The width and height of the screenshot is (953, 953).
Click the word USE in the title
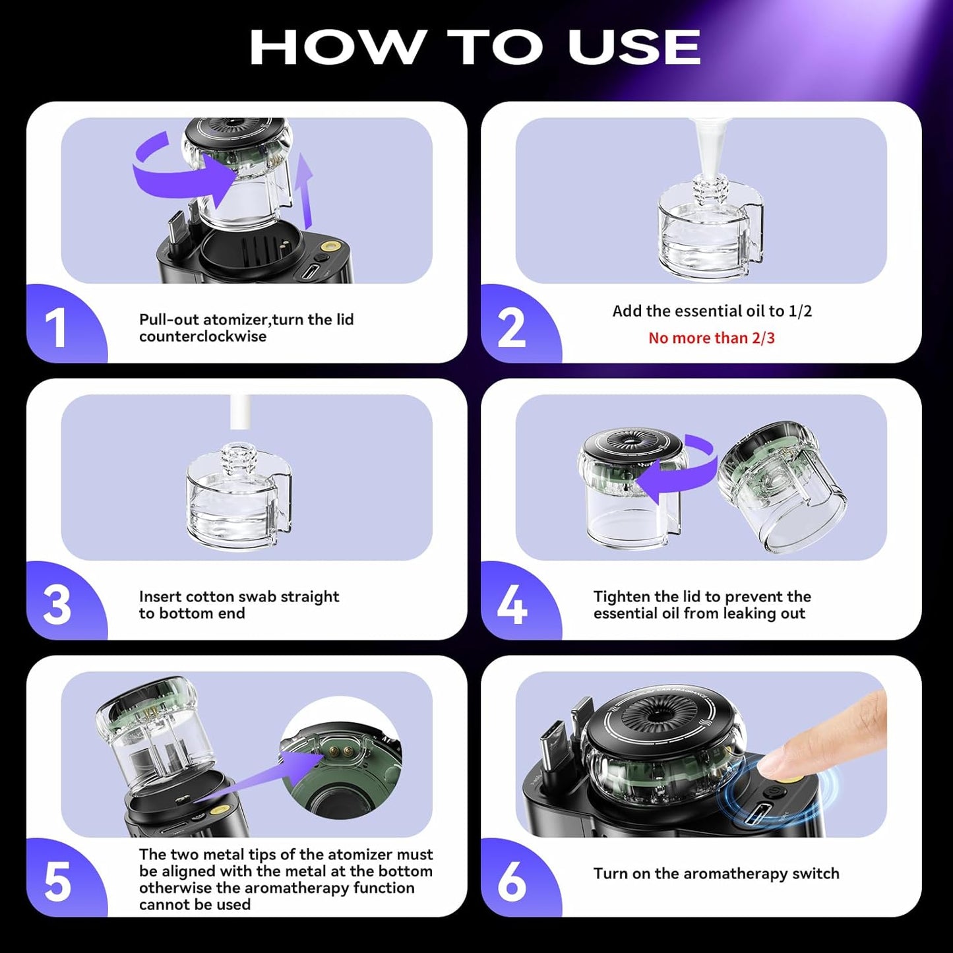tap(634, 47)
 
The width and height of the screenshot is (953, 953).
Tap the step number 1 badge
tap(57, 328)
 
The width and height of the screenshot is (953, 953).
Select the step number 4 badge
tap(512, 605)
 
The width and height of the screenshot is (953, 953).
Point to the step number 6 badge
tap(512, 882)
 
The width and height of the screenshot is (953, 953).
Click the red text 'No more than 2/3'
tap(711, 338)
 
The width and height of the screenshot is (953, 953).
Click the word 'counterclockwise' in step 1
tap(202, 336)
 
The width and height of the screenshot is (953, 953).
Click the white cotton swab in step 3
tap(239, 412)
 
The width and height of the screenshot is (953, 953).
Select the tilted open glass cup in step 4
tap(782, 488)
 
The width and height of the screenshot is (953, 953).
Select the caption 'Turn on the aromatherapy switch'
tap(716, 873)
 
